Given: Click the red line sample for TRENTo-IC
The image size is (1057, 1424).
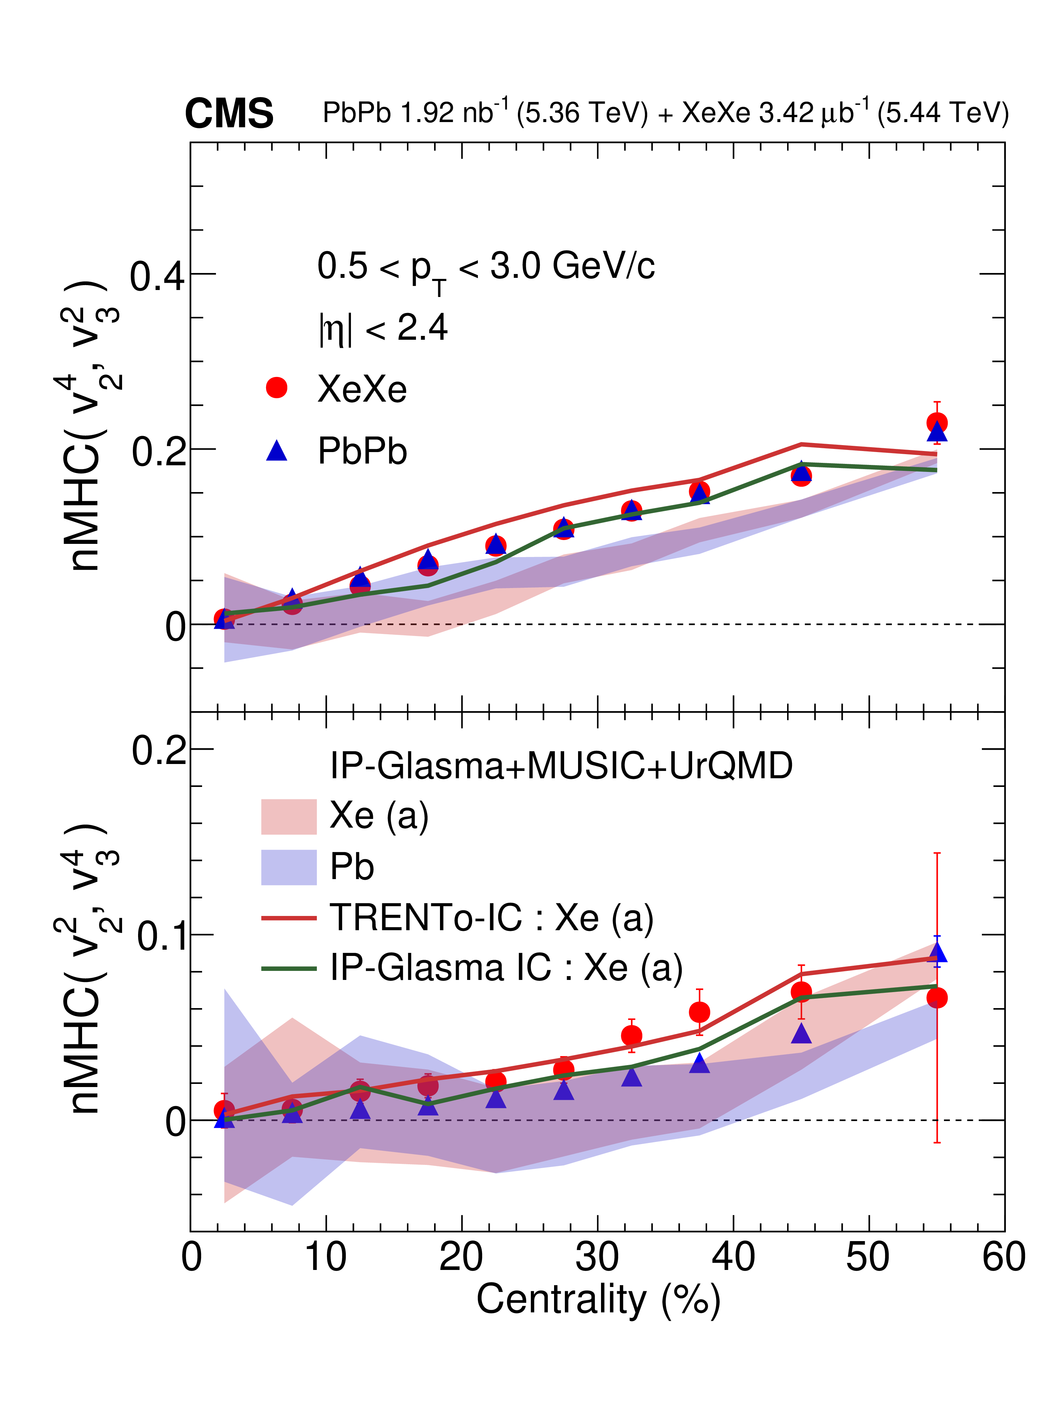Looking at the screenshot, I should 289,918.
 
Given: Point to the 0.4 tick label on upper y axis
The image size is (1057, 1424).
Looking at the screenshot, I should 157,276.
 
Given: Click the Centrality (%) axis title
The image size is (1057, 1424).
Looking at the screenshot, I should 598,1301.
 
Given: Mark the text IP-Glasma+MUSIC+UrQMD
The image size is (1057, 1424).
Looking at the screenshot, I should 561,766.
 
